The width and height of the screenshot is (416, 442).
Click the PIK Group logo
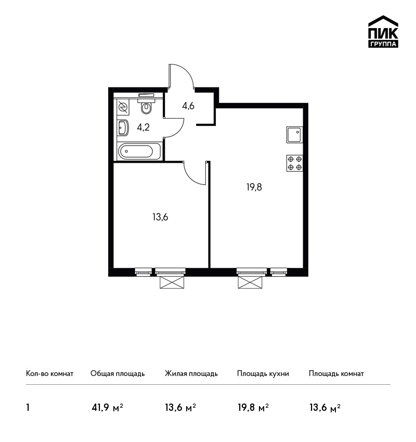383,32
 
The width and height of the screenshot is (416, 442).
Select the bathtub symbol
139,152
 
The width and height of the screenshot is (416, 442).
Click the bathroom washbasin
123,128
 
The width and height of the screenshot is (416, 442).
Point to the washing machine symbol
123,107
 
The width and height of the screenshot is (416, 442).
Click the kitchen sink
295,135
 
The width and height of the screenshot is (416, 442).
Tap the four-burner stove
295,163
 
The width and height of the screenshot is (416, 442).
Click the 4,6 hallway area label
188,106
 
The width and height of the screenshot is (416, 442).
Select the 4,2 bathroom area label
143,127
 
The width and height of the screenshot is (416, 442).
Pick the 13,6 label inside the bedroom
160,217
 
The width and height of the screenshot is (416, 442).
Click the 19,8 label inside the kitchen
254,187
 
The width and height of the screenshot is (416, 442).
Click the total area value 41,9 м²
108,407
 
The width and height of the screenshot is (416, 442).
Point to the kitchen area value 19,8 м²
253,407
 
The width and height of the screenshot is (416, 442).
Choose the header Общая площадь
118,373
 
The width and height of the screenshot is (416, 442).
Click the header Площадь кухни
263,373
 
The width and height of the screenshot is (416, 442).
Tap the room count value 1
28,407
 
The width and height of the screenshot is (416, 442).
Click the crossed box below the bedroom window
172,282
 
